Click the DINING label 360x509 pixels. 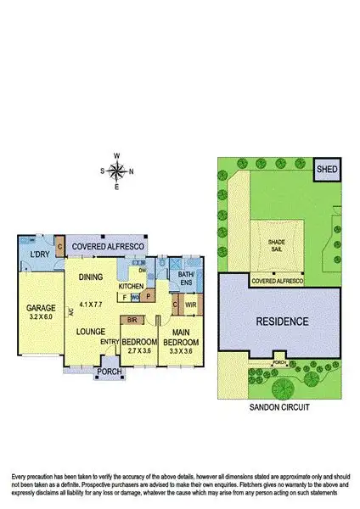click(92, 277)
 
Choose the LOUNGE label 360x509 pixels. click(90, 332)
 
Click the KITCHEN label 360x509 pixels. click(132, 287)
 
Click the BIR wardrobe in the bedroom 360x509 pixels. click(132, 321)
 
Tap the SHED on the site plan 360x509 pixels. click(327, 170)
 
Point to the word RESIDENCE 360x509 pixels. click(279, 322)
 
